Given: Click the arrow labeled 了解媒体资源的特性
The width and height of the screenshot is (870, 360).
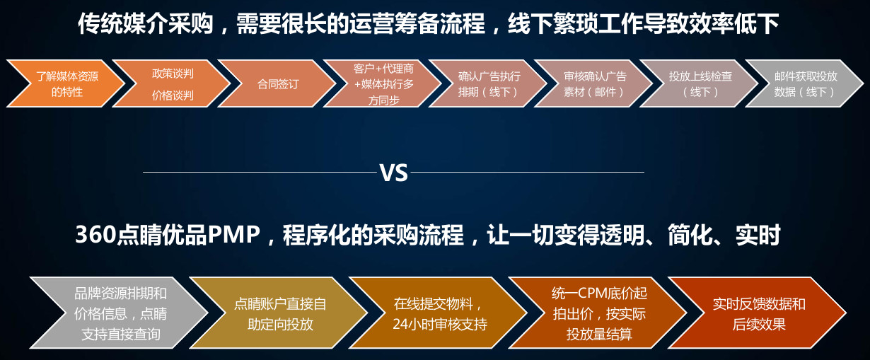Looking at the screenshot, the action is click(x=66, y=83).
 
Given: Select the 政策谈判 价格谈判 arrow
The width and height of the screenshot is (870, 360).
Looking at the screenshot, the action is click(x=173, y=83).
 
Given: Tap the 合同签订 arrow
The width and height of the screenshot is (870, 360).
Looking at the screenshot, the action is click(x=278, y=83).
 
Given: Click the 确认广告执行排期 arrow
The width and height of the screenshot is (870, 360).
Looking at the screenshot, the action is click(x=489, y=83).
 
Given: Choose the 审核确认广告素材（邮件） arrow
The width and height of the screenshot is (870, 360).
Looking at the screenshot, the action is click(x=595, y=83).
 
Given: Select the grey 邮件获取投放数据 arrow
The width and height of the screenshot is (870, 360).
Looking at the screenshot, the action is click(x=806, y=83).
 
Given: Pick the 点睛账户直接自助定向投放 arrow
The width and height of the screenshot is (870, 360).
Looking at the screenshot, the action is click(x=279, y=313).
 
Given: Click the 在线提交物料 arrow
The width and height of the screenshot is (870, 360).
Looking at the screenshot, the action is click(x=439, y=313).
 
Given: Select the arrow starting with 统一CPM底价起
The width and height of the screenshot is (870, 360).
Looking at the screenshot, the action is click(x=599, y=313).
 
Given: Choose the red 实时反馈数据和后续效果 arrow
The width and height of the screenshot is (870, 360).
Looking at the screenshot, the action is click(x=758, y=313).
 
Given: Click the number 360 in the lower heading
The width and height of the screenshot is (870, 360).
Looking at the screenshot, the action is click(x=95, y=235).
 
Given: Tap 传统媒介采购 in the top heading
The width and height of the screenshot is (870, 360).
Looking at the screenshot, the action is click(x=146, y=24).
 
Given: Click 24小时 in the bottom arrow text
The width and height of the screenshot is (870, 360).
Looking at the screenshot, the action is click(x=412, y=324).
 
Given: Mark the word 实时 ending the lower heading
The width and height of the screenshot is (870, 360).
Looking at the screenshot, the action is click(x=758, y=235).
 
